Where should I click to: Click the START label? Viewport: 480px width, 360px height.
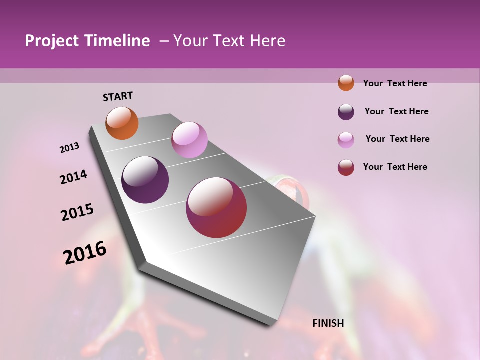click(x=118, y=96)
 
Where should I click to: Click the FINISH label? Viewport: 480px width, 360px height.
click(x=328, y=323)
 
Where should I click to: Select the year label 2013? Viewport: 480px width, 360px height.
click(x=69, y=148)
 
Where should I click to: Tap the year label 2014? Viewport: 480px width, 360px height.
click(x=73, y=177)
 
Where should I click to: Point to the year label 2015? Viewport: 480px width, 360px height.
click(x=77, y=212)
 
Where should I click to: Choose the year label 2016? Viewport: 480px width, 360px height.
click(x=85, y=252)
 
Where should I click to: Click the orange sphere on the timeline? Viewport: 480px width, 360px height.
click(x=122, y=123)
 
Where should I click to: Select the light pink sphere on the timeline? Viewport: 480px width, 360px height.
click(x=189, y=140)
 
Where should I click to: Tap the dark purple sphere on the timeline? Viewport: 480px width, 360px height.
click(x=145, y=180)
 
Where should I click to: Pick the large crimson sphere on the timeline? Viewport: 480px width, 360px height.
click(x=216, y=207)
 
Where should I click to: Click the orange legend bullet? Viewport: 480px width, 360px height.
click(x=346, y=83)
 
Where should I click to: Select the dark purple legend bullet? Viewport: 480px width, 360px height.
click(x=346, y=112)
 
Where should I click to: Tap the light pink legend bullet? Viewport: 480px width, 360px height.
click(x=346, y=140)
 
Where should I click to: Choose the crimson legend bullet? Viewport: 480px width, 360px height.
click(x=346, y=167)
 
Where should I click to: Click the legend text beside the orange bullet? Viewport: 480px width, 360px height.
click(x=395, y=83)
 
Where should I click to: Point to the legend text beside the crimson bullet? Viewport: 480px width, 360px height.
click(x=395, y=167)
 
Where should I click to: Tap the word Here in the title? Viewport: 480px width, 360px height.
click(x=268, y=41)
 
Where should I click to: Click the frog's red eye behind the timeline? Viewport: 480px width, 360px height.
click(x=295, y=192)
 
